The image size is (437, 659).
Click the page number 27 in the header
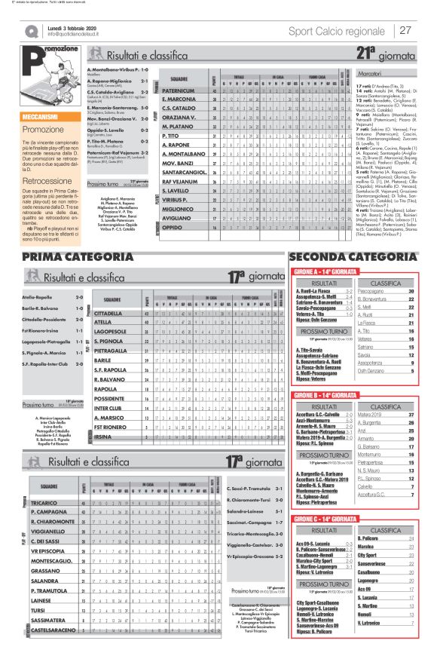point(405,30)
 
